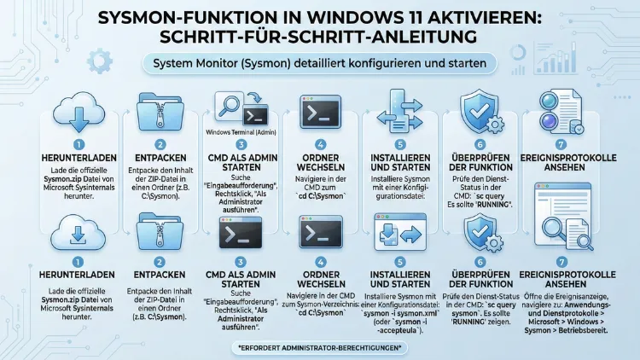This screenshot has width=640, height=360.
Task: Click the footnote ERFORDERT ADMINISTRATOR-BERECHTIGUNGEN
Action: click(319, 347)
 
